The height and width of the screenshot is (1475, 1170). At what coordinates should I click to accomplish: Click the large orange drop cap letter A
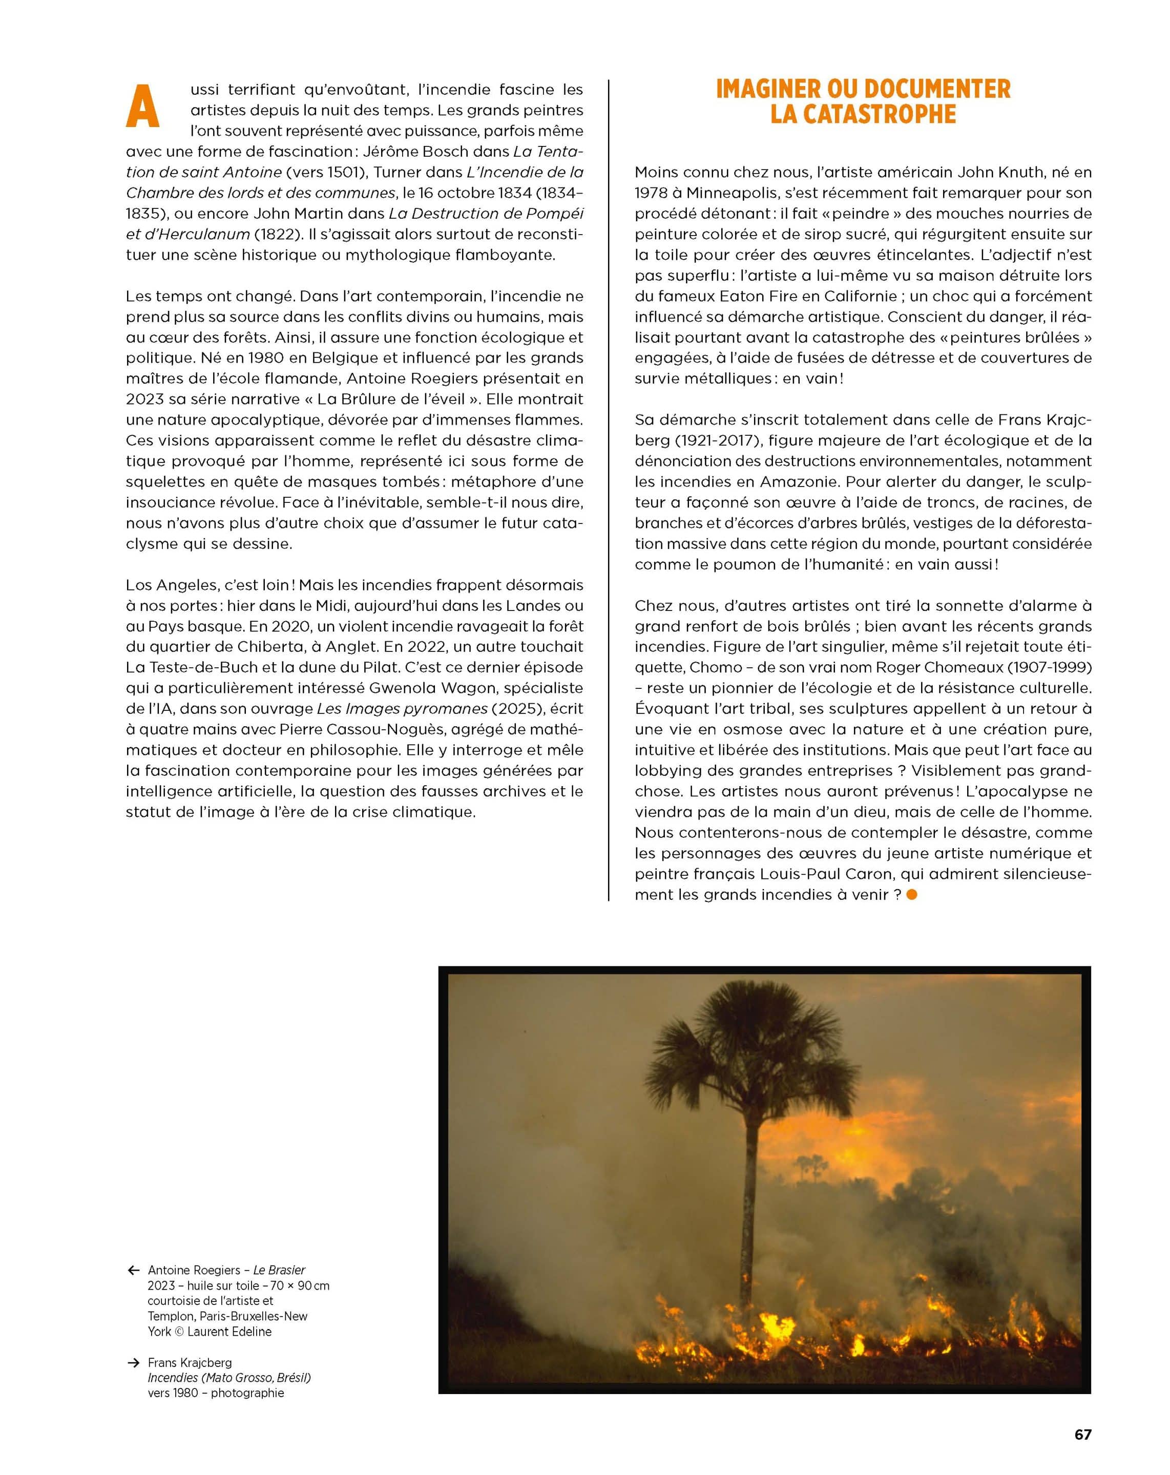pos(142,107)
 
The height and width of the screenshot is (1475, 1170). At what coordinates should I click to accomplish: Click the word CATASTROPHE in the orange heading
pos(862,114)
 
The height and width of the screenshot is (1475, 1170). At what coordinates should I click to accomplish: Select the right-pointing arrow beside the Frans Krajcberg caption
pos(133,1363)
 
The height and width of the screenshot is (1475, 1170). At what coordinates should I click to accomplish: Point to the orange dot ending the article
pos(911,895)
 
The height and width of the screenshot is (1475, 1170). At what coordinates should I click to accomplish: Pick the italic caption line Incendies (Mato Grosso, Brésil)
pos(229,1378)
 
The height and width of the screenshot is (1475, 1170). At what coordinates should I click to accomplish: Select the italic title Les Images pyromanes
pos(402,709)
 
